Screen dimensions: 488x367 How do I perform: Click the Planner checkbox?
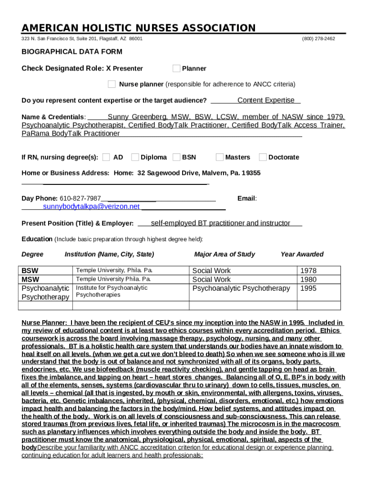click(176, 68)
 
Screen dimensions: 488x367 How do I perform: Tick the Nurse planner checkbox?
click(112, 84)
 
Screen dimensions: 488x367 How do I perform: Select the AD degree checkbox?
click(106, 157)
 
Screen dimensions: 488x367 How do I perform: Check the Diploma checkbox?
click(135, 157)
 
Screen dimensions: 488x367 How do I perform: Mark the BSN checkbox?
click(176, 157)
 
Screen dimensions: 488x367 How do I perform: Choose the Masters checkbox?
click(219, 157)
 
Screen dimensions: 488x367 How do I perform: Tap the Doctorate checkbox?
click(263, 157)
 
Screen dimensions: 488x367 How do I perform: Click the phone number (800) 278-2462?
click(318, 39)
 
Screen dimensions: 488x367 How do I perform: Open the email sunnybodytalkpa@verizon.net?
click(91, 207)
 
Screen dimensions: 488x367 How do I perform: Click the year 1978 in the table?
click(308, 271)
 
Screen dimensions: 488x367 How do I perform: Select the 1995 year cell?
click(308, 288)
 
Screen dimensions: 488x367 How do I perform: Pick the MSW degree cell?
click(31, 279)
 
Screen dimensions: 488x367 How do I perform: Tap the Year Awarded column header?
click(302, 254)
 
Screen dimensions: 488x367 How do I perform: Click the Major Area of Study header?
click(224, 254)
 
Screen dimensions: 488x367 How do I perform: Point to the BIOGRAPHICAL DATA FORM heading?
click(72, 51)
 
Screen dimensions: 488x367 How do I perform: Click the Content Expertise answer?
click(265, 100)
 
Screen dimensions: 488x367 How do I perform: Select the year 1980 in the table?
click(308, 280)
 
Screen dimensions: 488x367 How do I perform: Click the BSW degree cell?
click(31, 271)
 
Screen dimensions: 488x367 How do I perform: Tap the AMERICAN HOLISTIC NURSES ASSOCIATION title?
click(139, 28)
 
